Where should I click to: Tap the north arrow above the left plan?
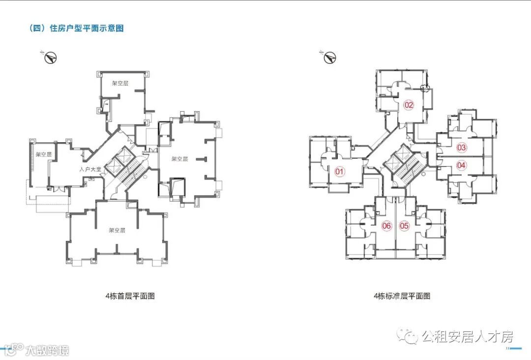[50, 58]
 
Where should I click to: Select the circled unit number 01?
[339, 171]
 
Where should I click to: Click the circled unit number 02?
[409, 104]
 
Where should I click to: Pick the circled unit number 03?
[461, 147]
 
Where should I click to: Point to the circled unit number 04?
[461, 165]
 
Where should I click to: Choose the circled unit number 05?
[404, 226]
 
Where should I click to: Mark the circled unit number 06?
[386, 226]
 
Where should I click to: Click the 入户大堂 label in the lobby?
[90, 169]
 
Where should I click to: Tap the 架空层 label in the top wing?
[119, 84]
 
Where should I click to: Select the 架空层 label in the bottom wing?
[117, 230]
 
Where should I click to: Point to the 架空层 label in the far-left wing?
[43, 154]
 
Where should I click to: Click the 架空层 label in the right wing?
[180, 159]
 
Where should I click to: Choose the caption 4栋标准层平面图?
[402, 296]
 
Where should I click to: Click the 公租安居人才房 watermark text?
[467, 337]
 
